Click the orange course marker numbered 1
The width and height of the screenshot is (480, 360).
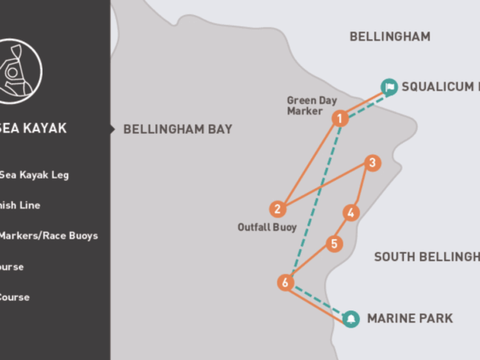click(340, 118)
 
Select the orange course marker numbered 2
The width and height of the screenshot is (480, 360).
click(277, 208)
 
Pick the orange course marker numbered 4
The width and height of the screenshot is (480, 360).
click(350, 213)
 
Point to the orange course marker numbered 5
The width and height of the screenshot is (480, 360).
click(334, 244)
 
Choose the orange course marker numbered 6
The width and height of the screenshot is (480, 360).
click(284, 283)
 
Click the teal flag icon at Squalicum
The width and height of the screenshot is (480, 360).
click(388, 87)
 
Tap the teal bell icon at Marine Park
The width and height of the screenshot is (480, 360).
click(350, 319)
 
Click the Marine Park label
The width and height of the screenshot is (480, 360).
click(409, 319)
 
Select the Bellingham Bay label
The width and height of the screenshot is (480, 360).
click(178, 129)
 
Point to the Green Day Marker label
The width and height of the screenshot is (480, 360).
click(312, 106)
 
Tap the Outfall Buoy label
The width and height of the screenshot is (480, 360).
click(268, 226)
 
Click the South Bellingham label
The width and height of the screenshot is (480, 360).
click(427, 257)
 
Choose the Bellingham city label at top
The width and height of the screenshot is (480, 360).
click(390, 36)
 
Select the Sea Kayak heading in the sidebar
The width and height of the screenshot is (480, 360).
click(33, 128)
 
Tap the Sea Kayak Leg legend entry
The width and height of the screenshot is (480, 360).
click(37, 175)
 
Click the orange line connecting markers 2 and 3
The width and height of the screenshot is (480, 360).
click(324, 186)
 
